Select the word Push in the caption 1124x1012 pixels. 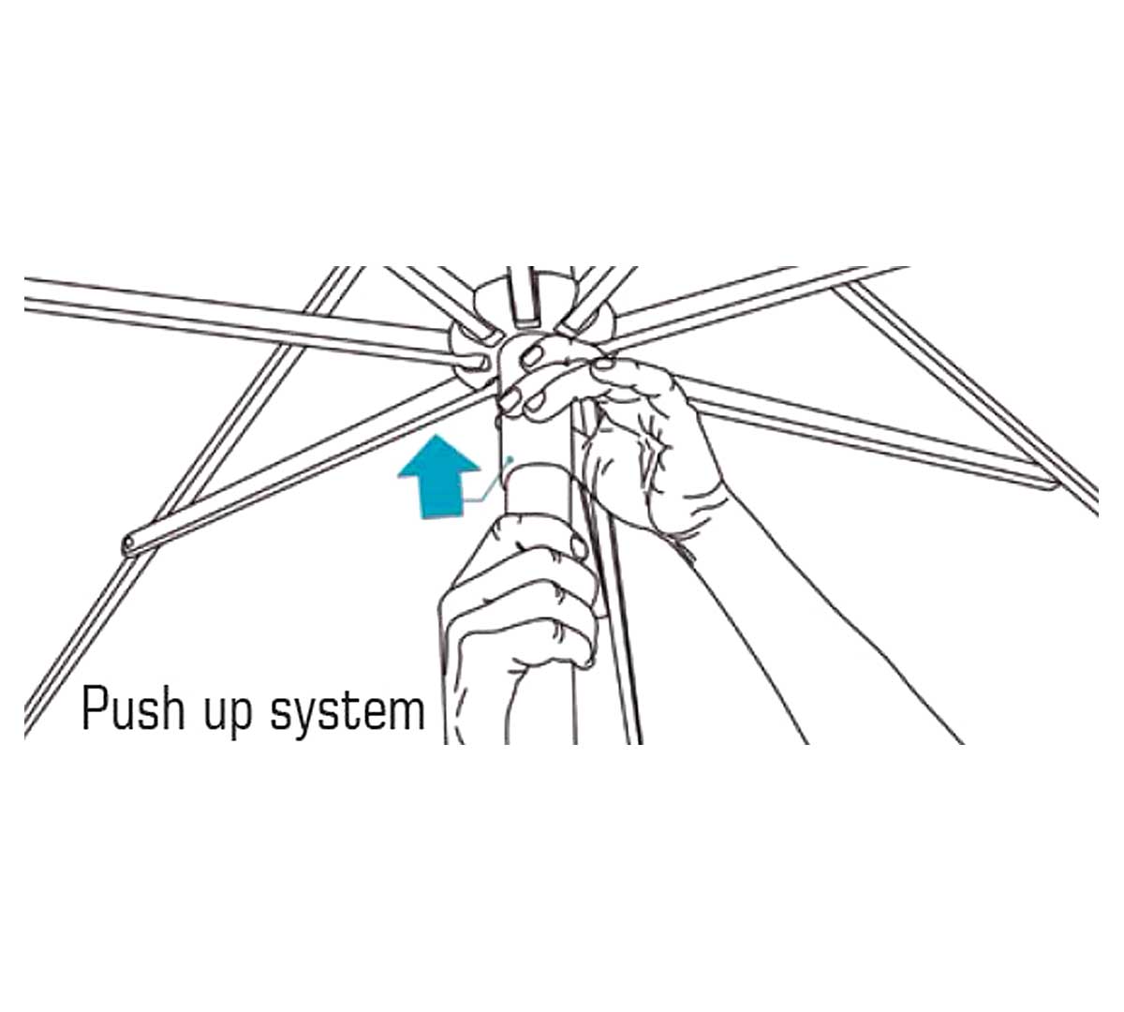pyautogui.click(x=133, y=709)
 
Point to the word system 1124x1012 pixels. pyautogui.click(x=348, y=714)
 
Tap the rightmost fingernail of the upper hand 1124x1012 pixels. pyautogui.click(x=604, y=364)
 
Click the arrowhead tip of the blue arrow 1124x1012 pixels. pyautogui.click(x=438, y=436)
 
